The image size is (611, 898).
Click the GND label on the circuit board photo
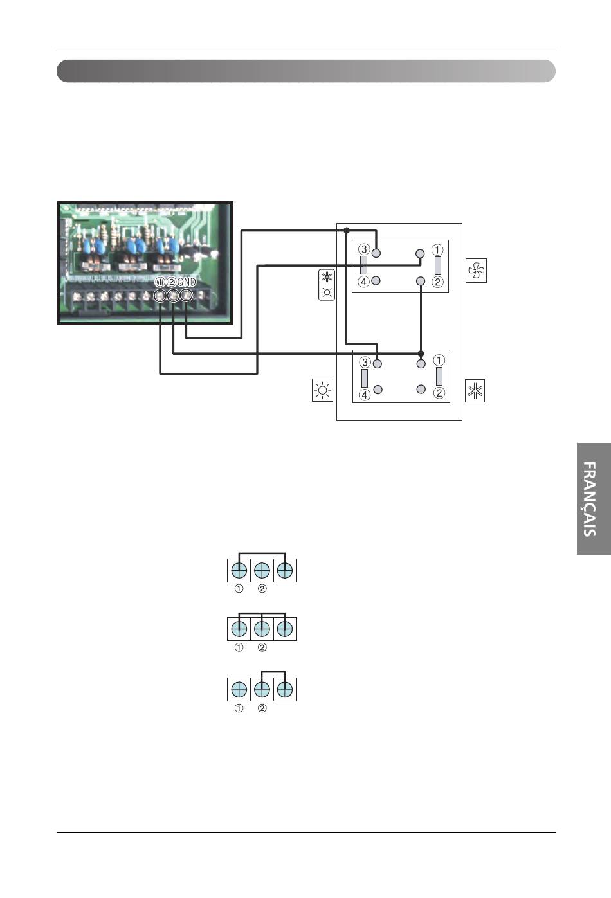pos(187,282)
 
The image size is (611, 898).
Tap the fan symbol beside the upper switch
pos(476,271)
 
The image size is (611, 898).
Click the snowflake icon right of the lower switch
pos(475,391)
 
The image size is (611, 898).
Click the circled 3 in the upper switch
pos(364,249)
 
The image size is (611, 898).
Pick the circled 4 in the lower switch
pos(365,395)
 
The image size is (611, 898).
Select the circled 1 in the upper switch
pos(437,250)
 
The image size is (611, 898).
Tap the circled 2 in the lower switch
pos(439,393)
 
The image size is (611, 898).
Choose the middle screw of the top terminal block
pos(262,570)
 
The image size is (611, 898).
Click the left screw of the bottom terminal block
pos(239,690)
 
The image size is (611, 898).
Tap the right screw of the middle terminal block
pos(285,628)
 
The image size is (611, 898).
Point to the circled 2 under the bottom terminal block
pos(262,708)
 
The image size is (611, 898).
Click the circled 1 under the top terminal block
pos(239,589)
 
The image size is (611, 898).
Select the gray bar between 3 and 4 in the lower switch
pos(365,379)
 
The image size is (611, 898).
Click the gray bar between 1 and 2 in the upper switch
pos(438,265)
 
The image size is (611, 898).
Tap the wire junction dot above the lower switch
pos(421,354)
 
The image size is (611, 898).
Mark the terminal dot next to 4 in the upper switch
pos(376,281)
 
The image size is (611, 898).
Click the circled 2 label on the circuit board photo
pos(171,282)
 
